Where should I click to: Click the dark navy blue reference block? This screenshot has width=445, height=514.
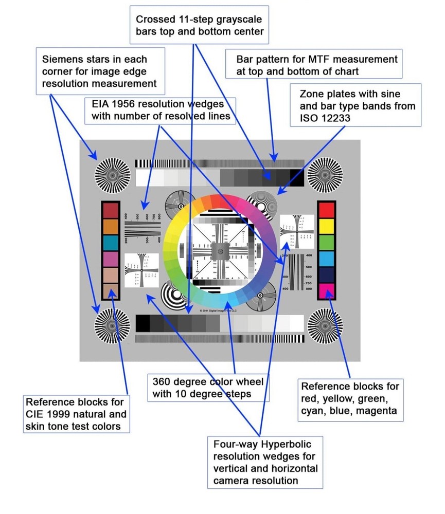[x=327, y=274]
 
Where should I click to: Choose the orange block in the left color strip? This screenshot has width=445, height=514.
[x=111, y=226]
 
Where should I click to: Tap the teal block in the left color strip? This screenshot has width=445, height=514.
[x=111, y=243]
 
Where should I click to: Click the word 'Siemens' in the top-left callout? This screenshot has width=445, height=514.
[x=62, y=59]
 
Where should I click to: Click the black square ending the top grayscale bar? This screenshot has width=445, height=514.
[x=297, y=178]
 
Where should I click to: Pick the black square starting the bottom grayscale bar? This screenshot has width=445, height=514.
[x=143, y=323]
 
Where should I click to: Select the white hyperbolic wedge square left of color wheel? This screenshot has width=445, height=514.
[x=141, y=270]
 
